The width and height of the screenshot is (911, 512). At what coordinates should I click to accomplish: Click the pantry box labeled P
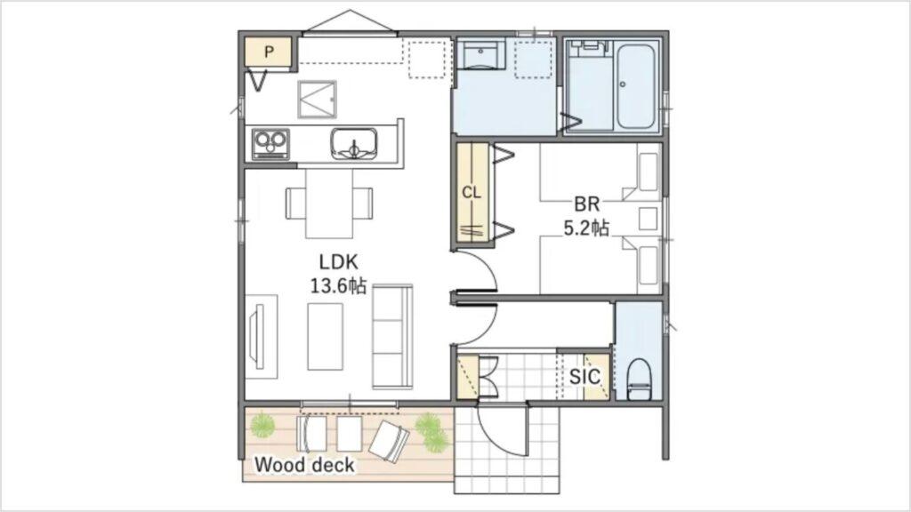point(269,52)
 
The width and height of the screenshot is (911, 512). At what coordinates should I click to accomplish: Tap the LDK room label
point(339,261)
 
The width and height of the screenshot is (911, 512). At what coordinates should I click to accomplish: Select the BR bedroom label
point(587,204)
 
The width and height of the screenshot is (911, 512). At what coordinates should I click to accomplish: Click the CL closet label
point(472,192)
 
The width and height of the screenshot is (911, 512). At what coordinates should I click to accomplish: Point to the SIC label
point(584,377)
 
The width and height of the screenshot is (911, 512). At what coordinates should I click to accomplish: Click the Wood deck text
point(304,465)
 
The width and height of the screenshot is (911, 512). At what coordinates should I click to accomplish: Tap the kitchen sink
point(354,143)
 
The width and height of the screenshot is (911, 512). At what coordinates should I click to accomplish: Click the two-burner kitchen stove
point(270,144)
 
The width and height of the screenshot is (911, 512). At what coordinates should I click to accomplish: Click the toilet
point(639,379)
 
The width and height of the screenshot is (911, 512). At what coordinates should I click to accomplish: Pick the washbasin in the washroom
point(480,55)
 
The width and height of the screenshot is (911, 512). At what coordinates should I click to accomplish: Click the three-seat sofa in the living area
point(392,337)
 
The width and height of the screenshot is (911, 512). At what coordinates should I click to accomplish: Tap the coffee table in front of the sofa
point(325,337)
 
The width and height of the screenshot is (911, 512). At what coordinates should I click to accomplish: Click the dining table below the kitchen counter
point(329,204)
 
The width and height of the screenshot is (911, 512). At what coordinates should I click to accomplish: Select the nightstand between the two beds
point(648,219)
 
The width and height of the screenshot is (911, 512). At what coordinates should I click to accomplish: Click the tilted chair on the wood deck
point(390,440)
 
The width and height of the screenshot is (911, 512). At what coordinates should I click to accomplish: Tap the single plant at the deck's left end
point(262,426)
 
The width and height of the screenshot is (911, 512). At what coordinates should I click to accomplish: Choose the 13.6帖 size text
point(338,285)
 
